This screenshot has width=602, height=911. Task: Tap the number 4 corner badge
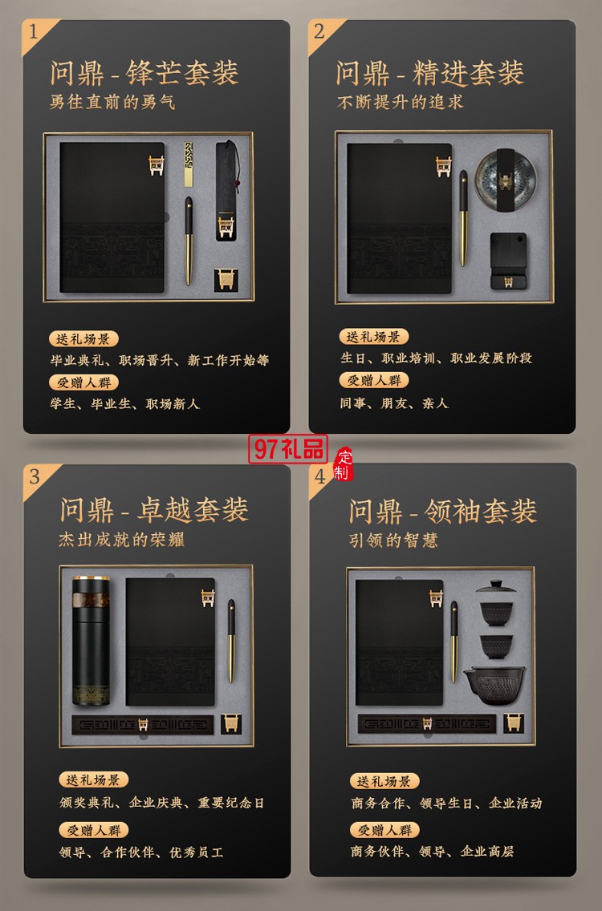[321, 476]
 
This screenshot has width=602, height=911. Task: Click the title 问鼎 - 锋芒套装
[144, 73]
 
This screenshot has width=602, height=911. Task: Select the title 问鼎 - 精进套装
[430, 73]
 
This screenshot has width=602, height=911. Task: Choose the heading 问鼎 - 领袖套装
[442, 511]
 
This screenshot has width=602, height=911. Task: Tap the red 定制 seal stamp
[344, 464]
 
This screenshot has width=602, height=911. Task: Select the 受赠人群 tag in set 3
[93, 830]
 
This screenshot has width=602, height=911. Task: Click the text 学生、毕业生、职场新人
[124, 403]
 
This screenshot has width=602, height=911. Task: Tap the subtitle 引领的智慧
[393, 541]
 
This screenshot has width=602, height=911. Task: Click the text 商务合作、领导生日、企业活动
[446, 803]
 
